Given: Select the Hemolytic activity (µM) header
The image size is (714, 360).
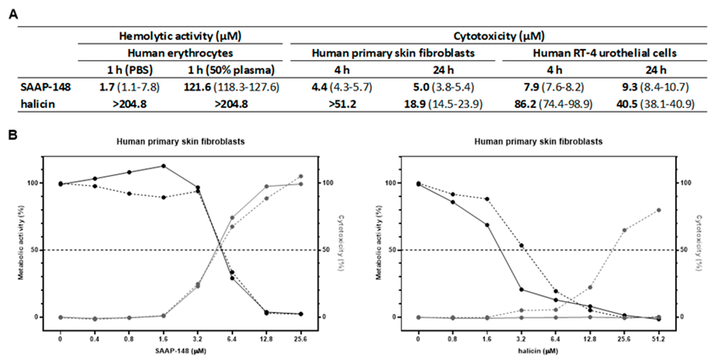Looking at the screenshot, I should (x=180, y=36).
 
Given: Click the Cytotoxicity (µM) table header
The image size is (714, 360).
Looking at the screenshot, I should (x=499, y=36).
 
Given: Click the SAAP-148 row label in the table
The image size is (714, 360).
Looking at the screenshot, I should (x=46, y=87).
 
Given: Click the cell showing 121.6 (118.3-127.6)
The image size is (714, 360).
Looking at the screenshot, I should (x=231, y=87).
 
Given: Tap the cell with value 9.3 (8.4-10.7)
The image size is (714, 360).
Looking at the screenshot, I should (x=656, y=87).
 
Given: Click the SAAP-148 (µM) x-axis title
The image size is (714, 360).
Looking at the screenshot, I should (x=180, y=351).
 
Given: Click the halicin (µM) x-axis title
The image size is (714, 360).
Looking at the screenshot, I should (x=538, y=351).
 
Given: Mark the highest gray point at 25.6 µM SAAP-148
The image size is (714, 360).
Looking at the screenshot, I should (x=301, y=176).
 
